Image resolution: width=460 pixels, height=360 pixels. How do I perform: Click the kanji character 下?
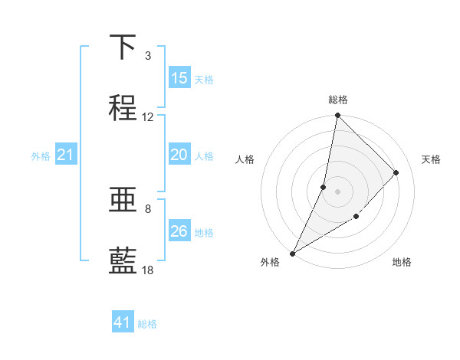[x=123, y=47]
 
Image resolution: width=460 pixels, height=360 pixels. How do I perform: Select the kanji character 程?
[x=123, y=108]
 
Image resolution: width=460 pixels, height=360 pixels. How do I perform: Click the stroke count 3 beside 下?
[x=148, y=56]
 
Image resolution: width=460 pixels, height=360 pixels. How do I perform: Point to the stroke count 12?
[x=148, y=117]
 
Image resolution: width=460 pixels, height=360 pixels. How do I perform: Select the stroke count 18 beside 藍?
[x=148, y=270]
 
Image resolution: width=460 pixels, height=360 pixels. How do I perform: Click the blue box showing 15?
[x=179, y=78]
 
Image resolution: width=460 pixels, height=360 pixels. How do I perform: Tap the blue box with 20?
[x=179, y=155]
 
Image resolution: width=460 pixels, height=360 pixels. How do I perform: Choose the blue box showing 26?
[x=179, y=231]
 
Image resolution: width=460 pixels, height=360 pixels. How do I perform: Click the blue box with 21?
[x=66, y=155]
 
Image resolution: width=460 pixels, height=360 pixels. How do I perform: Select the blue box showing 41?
[x=123, y=323]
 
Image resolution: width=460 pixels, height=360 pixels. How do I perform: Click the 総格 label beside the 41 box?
[x=147, y=324]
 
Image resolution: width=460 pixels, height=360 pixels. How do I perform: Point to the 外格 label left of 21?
[x=41, y=156]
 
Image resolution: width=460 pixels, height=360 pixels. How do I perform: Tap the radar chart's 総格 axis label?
[x=337, y=100]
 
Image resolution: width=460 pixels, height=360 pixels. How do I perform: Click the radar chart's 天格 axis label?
[x=431, y=159]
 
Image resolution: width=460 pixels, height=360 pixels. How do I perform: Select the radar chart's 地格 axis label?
[x=402, y=262]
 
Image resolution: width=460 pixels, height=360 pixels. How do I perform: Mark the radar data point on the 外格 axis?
[x=292, y=253]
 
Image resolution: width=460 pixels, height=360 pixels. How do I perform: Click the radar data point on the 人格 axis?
[x=324, y=187]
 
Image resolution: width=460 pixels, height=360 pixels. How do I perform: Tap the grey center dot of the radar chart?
[x=337, y=191]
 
